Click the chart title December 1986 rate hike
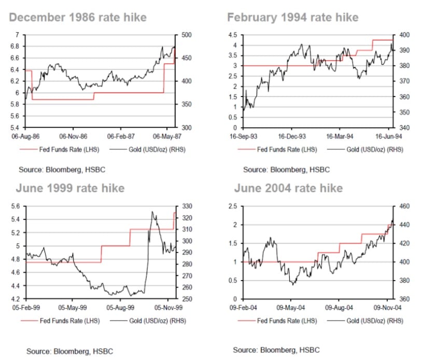pyautogui.click(x=78, y=17)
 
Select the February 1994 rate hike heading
pyautogui.click(x=292, y=17)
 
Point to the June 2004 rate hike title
pyautogui.click(x=288, y=188)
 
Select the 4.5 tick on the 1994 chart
pyautogui.click(x=233, y=35)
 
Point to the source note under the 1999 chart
pyautogui.click(x=69, y=351)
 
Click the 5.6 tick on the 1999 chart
pyautogui.click(x=15, y=206)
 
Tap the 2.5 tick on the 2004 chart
pyautogui.click(x=233, y=206)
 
